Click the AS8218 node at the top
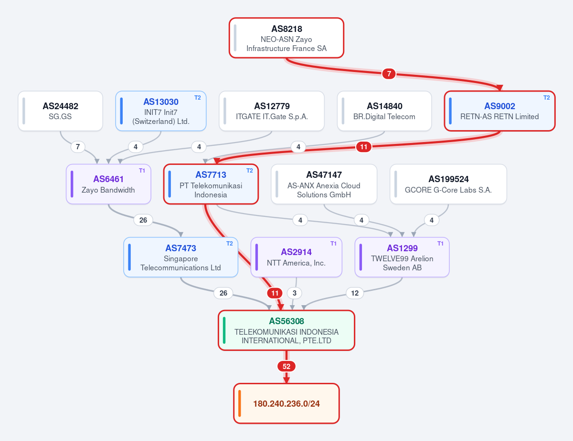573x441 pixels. pyautogui.click(x=286, y=38)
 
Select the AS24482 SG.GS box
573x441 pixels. pyautogui.click(x=60, y=111)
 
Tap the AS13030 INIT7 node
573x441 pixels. pyautogui.click(x=161, y=111)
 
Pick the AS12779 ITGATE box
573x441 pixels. pyautogui.click(x=272, y=111)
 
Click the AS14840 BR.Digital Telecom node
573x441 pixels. pyautogui.click(x=384, y=111)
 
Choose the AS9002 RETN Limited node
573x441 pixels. pyautogui.click(x=499, y=111)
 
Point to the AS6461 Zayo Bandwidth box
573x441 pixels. pyautogui.click(x=108, y=184)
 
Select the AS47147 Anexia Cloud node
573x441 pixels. pyautogui.click(x=324, y=184)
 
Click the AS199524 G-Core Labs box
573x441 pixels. pyautogui.click(x=448, y=184)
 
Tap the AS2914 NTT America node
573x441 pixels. pyautogui.click(x=297, y=257)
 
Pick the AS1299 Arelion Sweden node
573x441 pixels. pyautogui.click(x=402, y=257)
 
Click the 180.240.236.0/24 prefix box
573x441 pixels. pyautogui.click(x=286, y=403)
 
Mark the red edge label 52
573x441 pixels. pyautogui.click(x=286, y=366)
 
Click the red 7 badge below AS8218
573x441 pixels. pyautogui.click(x=389, y=74)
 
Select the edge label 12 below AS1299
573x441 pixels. pyautogui.click(x=355, y=293)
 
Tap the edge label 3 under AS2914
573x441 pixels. pyautogui.click(x=295, y=293)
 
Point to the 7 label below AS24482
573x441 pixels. pyautogui.click(x=78, y=147)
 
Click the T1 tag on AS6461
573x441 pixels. pyautogui.click(x=142, y=171)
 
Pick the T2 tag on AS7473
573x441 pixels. pyautogui.click(x=229, y=244)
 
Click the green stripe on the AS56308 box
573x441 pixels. pyautogui.click(x=224, y=330)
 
